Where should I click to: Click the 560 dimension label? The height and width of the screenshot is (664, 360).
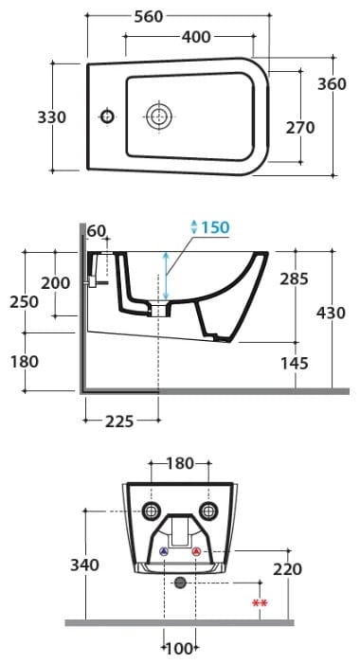pyautogui.click(x=149, y=16)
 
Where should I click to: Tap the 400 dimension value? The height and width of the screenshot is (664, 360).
pyautogui.click(x=196, y=37)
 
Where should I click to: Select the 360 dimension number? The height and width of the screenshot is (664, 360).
pyautogui.click(x=332, y=84)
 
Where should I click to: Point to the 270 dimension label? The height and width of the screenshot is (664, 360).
pyautogui.click(x=300, y=128)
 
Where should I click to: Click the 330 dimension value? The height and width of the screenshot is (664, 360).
pyautogui.click(x=52, y=117)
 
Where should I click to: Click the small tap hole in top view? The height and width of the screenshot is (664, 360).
pyautogui.click(x=107, y=116)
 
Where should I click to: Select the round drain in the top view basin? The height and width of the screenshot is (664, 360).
pyautogui.click(x=159, y=116)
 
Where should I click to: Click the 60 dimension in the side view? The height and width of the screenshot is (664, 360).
pyautogui.click(x=97, y=231)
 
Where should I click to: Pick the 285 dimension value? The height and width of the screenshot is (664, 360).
pyautogui.click(x=294, y=279)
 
